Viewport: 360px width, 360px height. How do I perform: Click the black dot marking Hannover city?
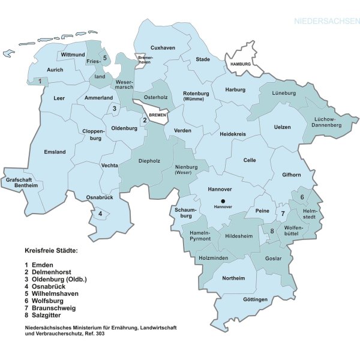223,201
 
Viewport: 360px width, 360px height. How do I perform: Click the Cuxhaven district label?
163,47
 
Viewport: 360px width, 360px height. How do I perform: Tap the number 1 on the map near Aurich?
40,81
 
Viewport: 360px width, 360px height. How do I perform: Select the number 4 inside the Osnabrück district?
100,214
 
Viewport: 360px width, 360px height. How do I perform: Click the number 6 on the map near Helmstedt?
302,197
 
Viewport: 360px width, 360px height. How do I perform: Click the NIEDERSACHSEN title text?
326,21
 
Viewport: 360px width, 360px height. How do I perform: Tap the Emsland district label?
55,152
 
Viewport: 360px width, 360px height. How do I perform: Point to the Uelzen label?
281,127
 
